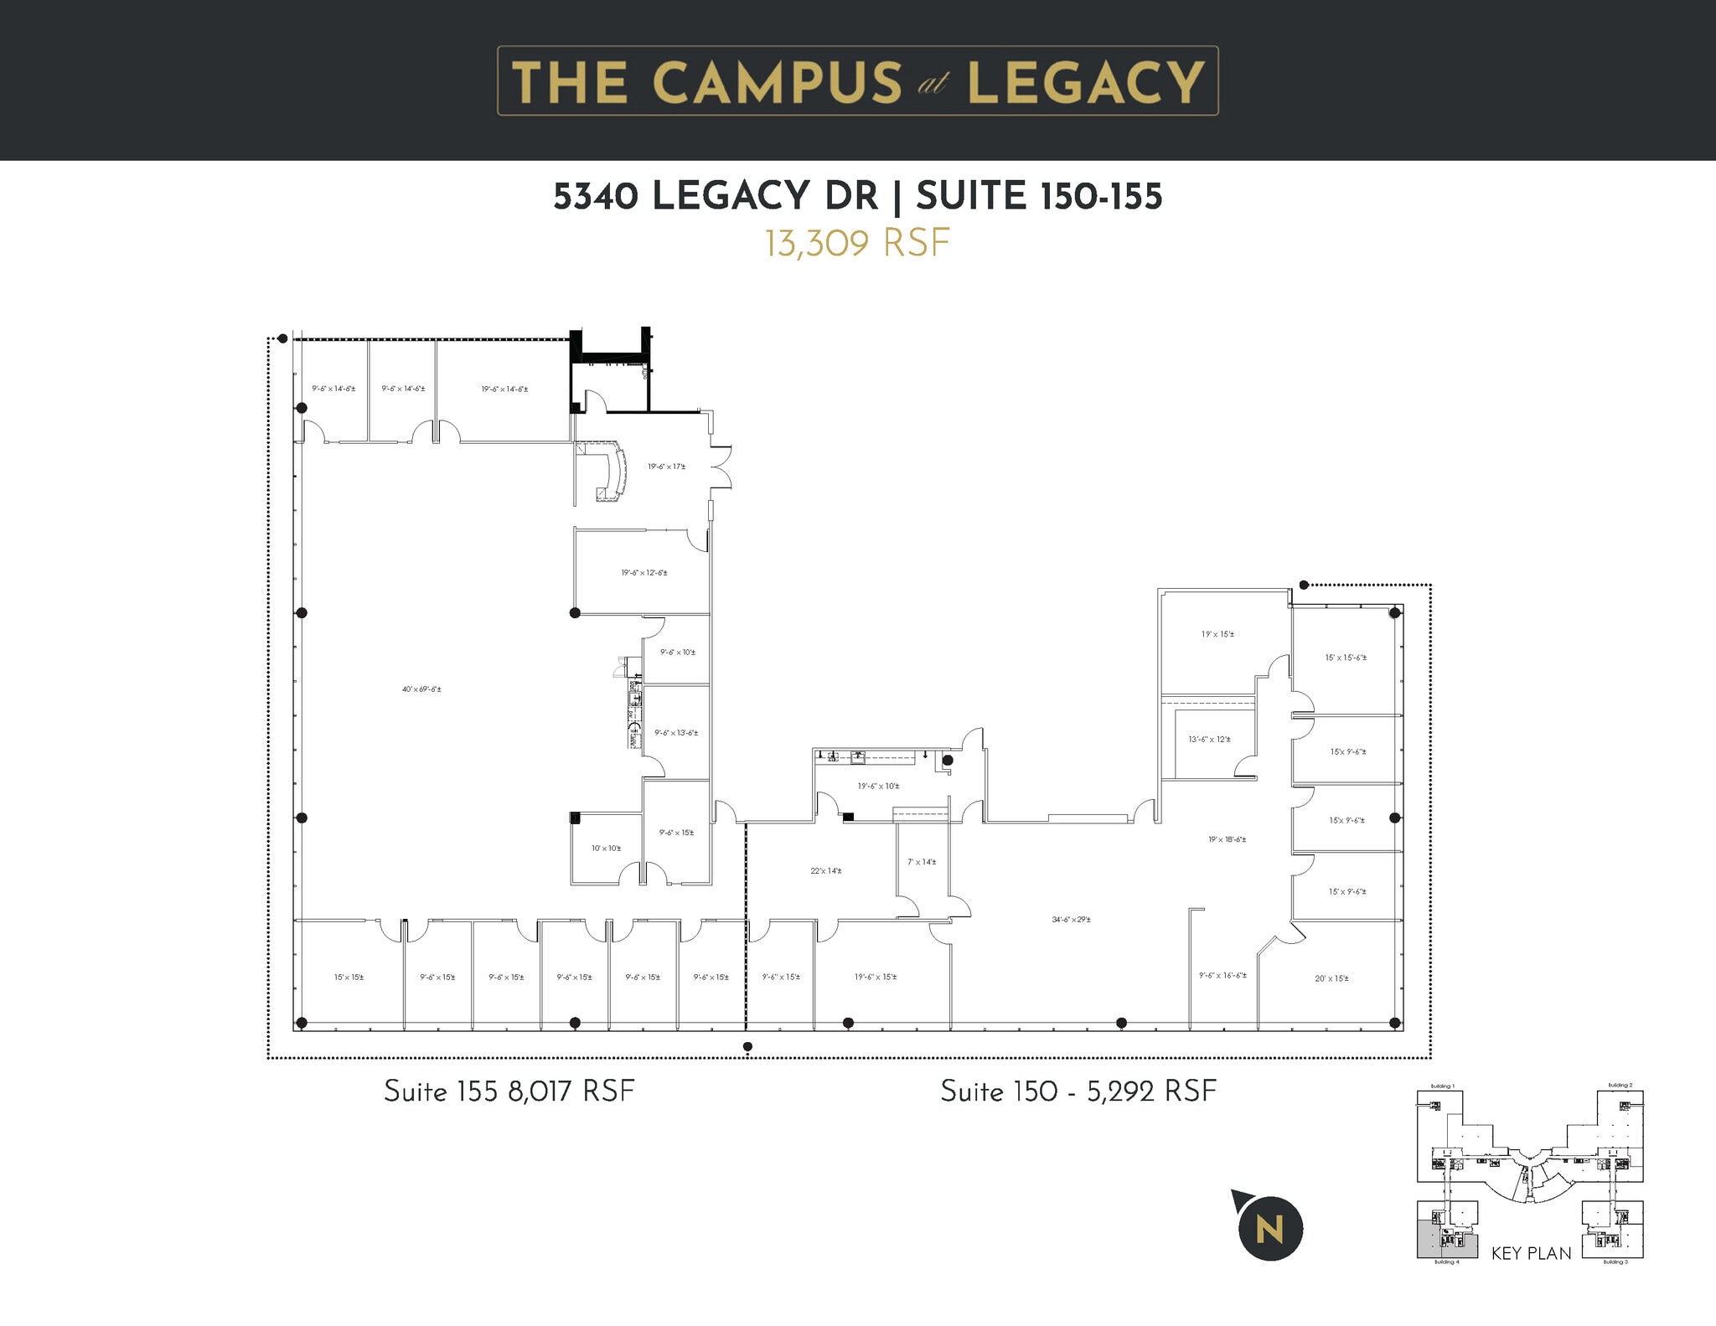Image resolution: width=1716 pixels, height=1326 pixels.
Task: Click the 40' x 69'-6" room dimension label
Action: tap(421, 689)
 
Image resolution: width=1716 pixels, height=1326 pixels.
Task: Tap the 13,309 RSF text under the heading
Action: tap(856, 244)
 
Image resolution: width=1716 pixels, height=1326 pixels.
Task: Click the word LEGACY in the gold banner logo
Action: tap(1085, 82)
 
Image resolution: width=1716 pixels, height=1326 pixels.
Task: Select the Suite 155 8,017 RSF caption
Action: tap(509, 1091)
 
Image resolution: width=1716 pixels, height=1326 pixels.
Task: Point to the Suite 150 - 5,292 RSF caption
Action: tap(1078, 1091)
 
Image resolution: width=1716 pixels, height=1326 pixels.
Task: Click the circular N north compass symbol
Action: tap(1270, 1230)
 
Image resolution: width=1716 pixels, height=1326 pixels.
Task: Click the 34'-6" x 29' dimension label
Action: tap(1071, 920)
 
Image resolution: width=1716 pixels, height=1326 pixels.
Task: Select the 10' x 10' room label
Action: tap(606, 849)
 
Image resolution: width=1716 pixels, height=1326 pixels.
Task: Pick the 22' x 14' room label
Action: tap(825, 871)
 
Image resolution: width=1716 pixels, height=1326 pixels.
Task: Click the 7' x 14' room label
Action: tap(922, 862)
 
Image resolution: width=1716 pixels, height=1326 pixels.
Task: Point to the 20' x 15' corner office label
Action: tap(1331, 978)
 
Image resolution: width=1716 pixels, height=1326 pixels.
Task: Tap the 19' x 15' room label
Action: tap(1217, 634)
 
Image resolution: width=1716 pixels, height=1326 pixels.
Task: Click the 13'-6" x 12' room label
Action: tap(1209, 740)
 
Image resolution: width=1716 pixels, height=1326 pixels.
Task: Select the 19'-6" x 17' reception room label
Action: tap(666, 467)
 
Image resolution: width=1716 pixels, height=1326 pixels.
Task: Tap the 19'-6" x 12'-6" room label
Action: tap(643, 573)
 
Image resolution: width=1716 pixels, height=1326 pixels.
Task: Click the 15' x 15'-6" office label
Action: tap(1346, 658)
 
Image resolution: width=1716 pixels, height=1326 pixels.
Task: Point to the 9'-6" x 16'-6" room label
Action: tap(1222, 975)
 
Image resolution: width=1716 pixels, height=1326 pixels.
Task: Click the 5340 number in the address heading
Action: tap(596, 197)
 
